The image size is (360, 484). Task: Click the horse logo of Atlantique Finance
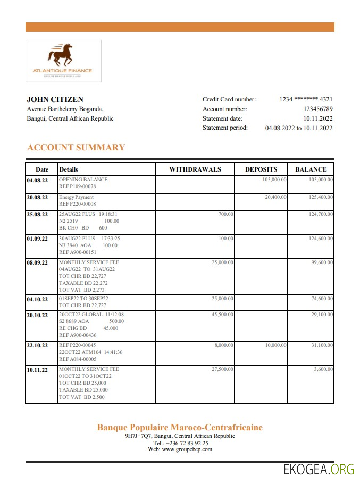pyautogui.click(x=62, y=55)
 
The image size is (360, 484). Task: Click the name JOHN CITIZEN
pyautogui.click(x=55, y=99)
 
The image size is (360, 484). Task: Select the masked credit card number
pyautogui.click(x=306, y=99)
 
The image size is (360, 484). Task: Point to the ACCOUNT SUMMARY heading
pyautogui.click(x=76, y=147)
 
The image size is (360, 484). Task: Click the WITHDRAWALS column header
pyautogui.click(x=195, y=169)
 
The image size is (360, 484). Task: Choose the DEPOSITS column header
pyautogui.click(x=261, y=169)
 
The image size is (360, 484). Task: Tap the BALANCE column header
pyautogui.click(x=311, y=169)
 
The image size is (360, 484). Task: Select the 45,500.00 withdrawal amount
pyautogui.click(x=222, y=315)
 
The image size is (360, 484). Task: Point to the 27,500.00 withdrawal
pyautogui.click(x=222, y=369)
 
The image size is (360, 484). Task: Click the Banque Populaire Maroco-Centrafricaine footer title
pyautogui.click(x=180, y=428)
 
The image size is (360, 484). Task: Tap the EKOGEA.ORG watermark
pyautogui.click(x=319, y=469)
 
